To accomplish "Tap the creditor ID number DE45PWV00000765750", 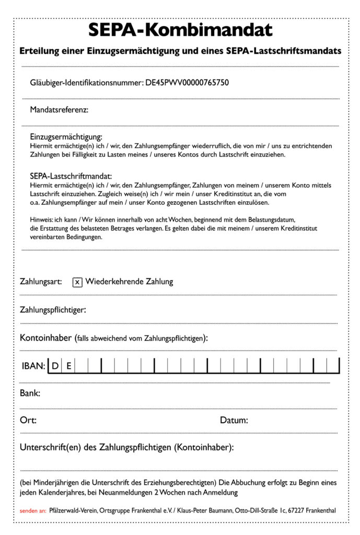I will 187,82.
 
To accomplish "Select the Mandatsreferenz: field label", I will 59,110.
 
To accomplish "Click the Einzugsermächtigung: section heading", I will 66,137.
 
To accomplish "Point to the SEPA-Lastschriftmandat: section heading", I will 71,176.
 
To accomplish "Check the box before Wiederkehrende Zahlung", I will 77,282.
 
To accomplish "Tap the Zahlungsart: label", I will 41,282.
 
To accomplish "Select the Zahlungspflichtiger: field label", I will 53,310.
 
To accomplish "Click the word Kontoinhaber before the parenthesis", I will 45,338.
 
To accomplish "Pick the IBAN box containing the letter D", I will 55,366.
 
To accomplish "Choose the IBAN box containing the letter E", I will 68,366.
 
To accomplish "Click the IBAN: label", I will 33,366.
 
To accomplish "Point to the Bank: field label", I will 30,393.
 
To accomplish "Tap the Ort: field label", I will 28,420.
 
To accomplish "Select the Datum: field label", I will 234,420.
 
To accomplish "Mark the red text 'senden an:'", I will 33,510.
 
